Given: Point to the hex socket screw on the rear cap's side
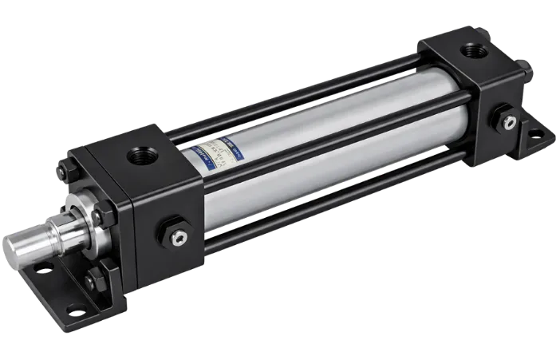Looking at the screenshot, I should coord(509,122).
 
